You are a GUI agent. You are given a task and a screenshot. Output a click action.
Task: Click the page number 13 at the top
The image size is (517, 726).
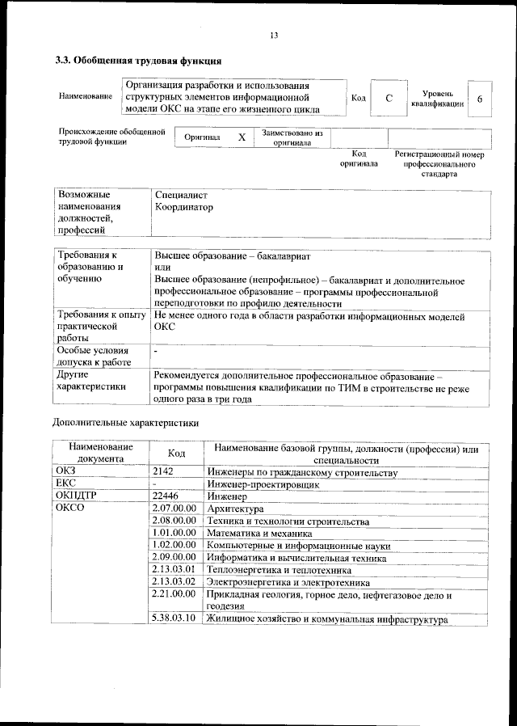click(274, 36)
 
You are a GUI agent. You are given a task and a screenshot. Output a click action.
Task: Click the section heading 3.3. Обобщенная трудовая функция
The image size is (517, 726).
click(137, 61)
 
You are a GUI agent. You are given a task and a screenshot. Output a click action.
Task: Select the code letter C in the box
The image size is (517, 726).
click(389, 98)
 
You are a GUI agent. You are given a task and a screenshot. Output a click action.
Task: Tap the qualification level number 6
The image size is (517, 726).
click(480, 98)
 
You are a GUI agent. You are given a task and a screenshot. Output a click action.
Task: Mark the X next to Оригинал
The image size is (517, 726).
click(241, 137)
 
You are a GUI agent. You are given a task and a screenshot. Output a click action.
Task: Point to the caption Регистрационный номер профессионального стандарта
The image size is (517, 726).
click(438, 163)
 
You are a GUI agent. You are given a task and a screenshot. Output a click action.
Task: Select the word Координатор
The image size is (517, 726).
click(184, 208)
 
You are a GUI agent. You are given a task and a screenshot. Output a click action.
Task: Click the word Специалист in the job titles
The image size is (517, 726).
click(181, 195)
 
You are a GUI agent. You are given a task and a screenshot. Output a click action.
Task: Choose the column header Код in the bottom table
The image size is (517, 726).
click(176, 454)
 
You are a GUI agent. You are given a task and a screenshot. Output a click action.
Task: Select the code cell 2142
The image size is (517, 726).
click(163, 471)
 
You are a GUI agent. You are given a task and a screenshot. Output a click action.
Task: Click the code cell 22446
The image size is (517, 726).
click(166, 496)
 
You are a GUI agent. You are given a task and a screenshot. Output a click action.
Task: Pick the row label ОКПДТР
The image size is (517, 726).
click(75, 496)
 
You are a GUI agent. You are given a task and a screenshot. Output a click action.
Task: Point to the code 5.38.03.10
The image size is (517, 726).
click(174, 619)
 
